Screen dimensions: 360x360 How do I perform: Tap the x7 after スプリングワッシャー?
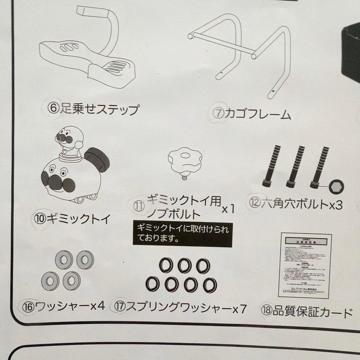click(x=240, y=309)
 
